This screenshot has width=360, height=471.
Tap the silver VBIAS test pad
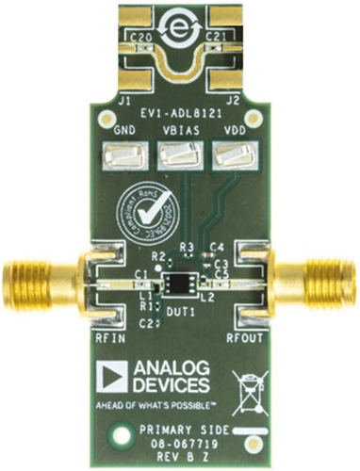pyautogui.click(x=178, y=154)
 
